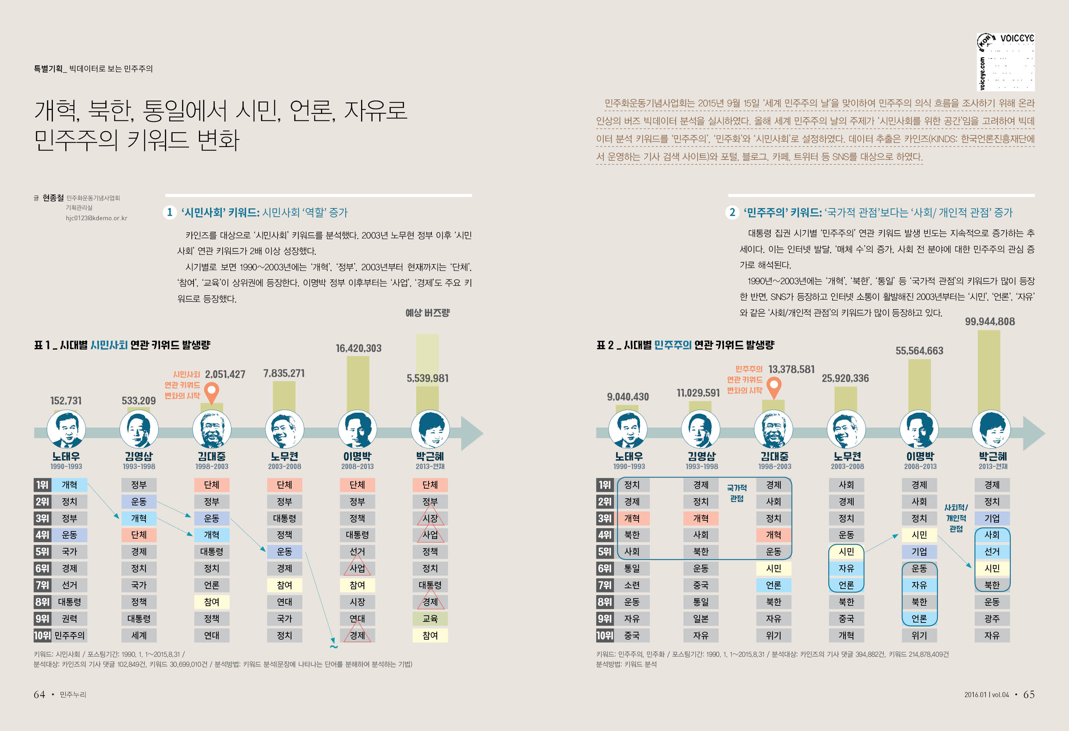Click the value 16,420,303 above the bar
coord(358,348)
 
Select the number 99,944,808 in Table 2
coord(989,321)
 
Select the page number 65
coord(1029,694)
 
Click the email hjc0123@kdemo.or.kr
coord(96,218)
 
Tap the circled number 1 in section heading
coord(170,212)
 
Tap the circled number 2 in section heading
coord(732,212)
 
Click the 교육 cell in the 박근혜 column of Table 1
coord(430,618)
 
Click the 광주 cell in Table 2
coord(992,618)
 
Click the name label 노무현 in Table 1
coord(284,456)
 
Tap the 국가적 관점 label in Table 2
coord(736,493)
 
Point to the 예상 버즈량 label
coord(427,313)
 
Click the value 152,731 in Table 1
coord(66,400)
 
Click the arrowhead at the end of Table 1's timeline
coord(472,433)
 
